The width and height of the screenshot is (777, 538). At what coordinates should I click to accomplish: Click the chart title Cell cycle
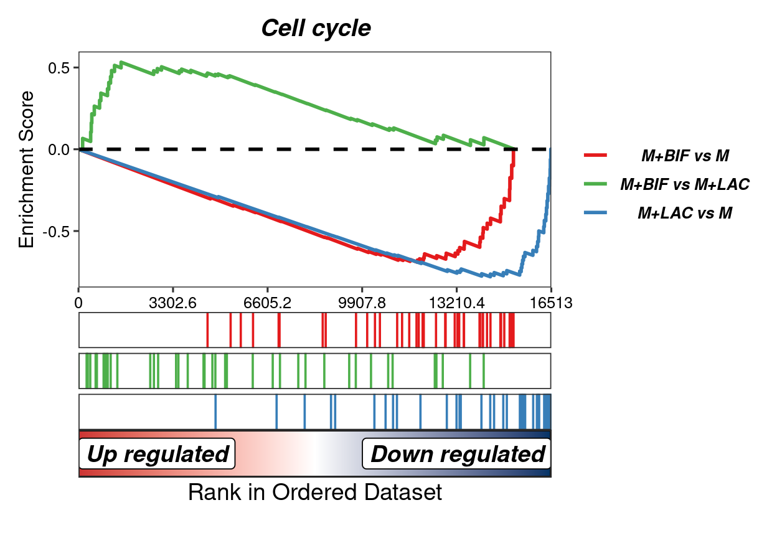[316, 29]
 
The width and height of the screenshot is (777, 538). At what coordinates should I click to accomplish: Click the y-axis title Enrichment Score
[26, 169]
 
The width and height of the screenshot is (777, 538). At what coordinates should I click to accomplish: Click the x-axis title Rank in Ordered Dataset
[315, 492]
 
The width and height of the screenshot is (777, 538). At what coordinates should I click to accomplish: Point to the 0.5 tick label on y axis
[59, 68]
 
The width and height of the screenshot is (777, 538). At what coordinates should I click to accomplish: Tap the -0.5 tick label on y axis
[56, 232]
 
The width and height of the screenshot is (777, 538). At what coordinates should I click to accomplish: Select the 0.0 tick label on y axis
[59, 150]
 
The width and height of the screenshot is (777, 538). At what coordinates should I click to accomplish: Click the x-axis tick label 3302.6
[172, 303]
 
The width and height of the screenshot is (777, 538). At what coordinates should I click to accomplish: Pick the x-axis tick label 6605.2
[268, 303]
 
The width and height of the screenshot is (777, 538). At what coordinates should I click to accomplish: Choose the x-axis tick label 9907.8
[362, 303]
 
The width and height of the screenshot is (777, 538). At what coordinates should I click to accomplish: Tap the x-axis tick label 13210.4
[456, 303]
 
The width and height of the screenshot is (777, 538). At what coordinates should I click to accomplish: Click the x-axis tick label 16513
[551, 303]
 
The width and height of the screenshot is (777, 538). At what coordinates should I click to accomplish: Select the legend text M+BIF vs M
[685, 156]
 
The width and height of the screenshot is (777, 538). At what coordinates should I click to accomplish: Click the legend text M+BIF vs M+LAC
[685, 184]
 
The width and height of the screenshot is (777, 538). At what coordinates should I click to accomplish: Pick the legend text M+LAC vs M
[685, 213]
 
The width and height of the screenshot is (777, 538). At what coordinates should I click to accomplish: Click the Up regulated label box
[157, 454]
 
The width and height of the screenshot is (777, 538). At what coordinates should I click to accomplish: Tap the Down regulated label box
[456, 454]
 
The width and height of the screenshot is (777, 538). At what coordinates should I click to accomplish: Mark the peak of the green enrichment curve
[121, 62]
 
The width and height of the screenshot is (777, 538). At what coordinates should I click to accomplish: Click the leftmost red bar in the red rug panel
[207, 330]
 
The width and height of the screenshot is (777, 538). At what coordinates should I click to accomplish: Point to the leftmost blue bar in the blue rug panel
[215, 412]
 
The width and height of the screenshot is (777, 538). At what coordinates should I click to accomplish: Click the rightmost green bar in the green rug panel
[484, 370]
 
